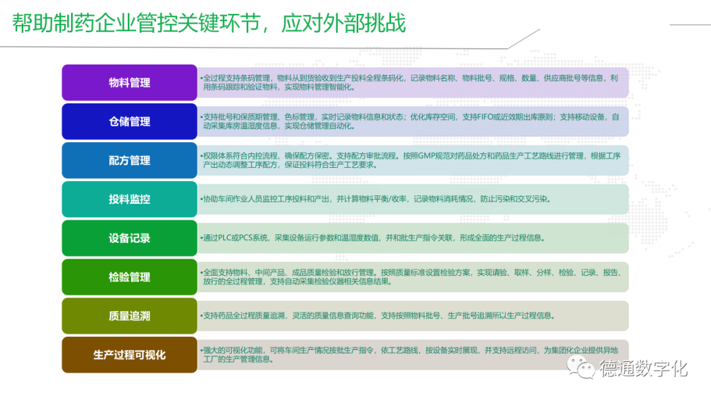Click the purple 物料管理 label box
[129, 82]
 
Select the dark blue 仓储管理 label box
[129, 122]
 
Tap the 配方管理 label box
[129, 161]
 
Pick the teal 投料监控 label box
[129, 199]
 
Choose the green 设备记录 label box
[129, 238]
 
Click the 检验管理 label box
[129, 277]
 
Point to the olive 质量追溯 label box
[129, 316]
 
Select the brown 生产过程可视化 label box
[129, 355]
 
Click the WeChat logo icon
[581, 367]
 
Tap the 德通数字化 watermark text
[644, 368]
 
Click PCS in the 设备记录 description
[246, 238]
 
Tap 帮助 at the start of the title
[33, 23]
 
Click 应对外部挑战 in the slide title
[343, 23]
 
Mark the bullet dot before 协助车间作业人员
[201, 199]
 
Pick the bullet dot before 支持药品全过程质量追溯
[201, 316]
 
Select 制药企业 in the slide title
[95, 23]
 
